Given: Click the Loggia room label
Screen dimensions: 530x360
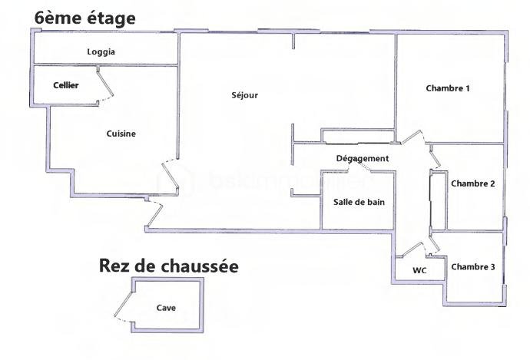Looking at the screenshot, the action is click(101, 52).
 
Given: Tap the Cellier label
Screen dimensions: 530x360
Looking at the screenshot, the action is click(66, 85).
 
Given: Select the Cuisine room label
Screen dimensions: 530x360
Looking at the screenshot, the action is click(121, 134).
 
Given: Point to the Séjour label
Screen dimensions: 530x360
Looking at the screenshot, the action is click(245, 95).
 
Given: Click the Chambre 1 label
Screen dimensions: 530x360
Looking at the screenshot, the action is click(448, 88).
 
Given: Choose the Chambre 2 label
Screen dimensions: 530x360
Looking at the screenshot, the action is click(473, 183).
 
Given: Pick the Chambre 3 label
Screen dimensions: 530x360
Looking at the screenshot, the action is click(473, 267).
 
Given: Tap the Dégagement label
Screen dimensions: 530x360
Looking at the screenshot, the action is click(363, 159).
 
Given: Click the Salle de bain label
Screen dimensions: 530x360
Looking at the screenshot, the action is click(359, 202).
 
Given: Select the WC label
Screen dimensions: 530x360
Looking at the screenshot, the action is click(419, 270).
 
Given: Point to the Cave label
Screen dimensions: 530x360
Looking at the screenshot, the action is click(166, 308).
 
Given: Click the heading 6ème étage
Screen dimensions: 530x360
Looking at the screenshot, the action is click(84, 18).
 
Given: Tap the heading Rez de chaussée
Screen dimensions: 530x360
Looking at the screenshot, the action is click(169, 266).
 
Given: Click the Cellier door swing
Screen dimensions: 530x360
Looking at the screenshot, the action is click(105, 84).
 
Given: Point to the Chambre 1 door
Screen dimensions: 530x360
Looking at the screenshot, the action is click(412, 136).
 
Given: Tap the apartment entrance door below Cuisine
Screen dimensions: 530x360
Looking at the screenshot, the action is click(155, 213).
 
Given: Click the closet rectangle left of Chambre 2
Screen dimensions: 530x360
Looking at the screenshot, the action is click(439, 200).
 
